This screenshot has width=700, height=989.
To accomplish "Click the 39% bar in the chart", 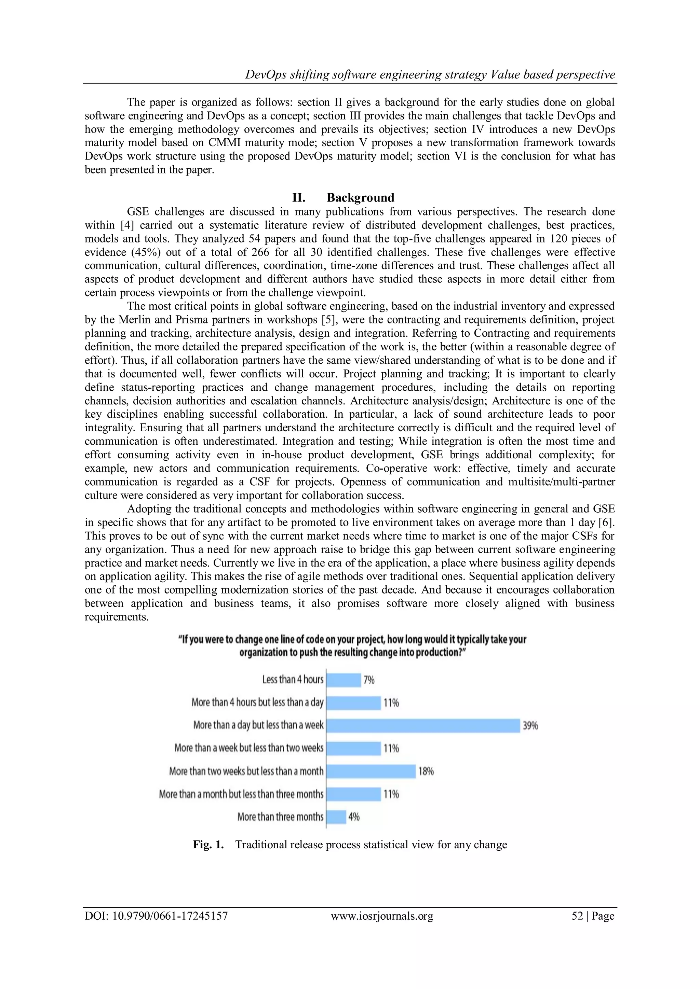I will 423,725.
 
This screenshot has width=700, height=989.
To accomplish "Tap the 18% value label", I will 426,771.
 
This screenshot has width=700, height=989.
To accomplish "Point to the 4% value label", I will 354,817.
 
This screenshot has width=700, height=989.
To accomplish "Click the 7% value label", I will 369,680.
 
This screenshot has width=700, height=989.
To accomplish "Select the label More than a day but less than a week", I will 258,725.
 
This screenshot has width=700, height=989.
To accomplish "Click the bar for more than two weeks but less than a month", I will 371,771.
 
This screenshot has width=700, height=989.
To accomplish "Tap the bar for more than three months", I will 336,817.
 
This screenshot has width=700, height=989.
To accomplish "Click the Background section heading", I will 360,198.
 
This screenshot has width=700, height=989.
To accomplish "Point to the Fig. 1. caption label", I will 208,845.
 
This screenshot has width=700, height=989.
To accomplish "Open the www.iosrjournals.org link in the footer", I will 382,916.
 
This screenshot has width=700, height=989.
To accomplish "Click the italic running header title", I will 430,74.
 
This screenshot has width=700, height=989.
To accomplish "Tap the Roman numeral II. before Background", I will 299,198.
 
